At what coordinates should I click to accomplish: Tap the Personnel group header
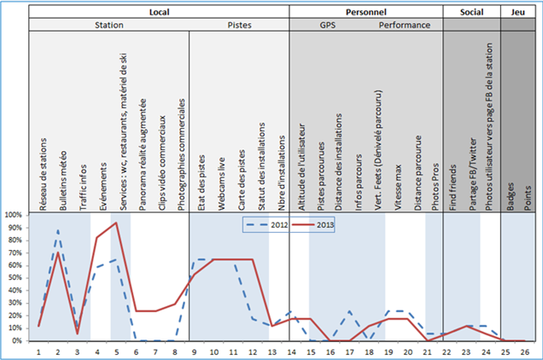click(365, 13)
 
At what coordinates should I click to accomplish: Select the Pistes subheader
click(238, 26)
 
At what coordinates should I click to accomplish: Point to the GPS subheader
click(328, 26)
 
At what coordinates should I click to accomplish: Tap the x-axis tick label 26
click(527, 350)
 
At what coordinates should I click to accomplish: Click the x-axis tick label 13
click(271, 350)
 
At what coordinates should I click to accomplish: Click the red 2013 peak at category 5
click(117, 224)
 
